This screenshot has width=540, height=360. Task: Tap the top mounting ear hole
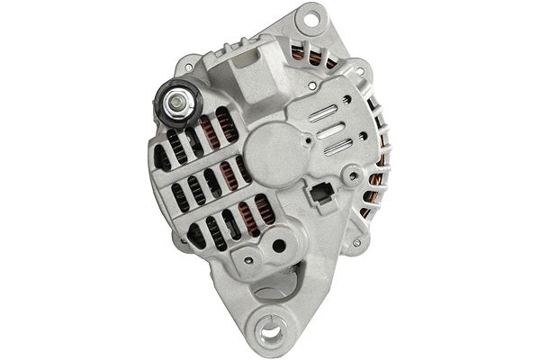pos(312,17)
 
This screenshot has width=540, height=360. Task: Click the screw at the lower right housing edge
pos(357,241)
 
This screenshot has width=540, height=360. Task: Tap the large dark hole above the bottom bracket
pos(280,245)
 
